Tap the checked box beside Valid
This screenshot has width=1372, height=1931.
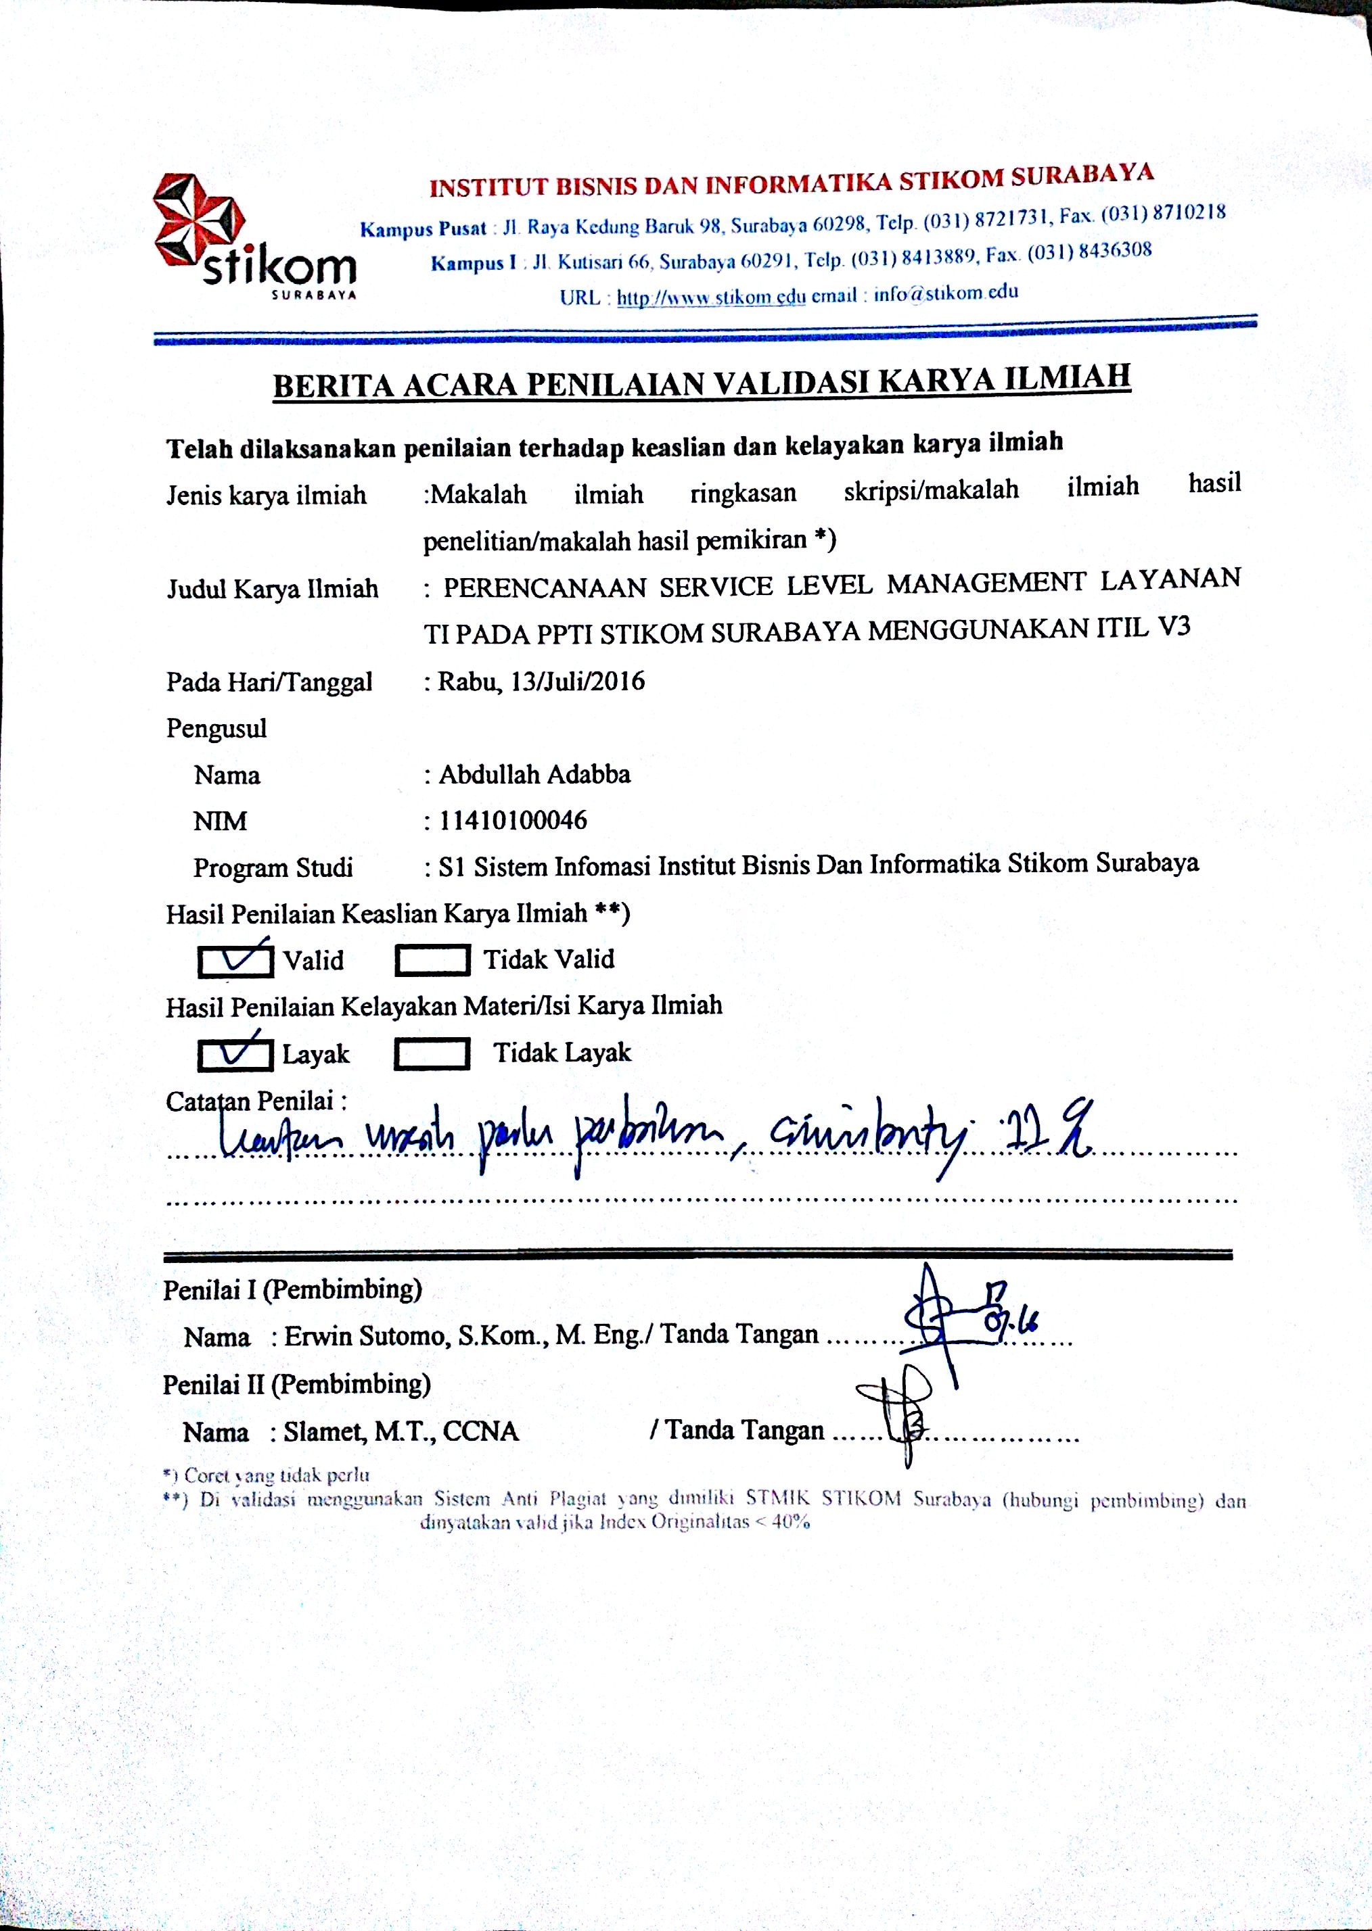click(235, 961)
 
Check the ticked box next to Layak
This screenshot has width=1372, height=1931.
click(235, 1053)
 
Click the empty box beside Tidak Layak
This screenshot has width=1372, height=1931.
click(432, 1053)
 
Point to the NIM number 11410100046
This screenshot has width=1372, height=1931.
click(512, 820)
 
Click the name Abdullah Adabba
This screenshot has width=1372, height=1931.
click(534, 774)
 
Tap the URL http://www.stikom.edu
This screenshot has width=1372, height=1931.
click(710, 297)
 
